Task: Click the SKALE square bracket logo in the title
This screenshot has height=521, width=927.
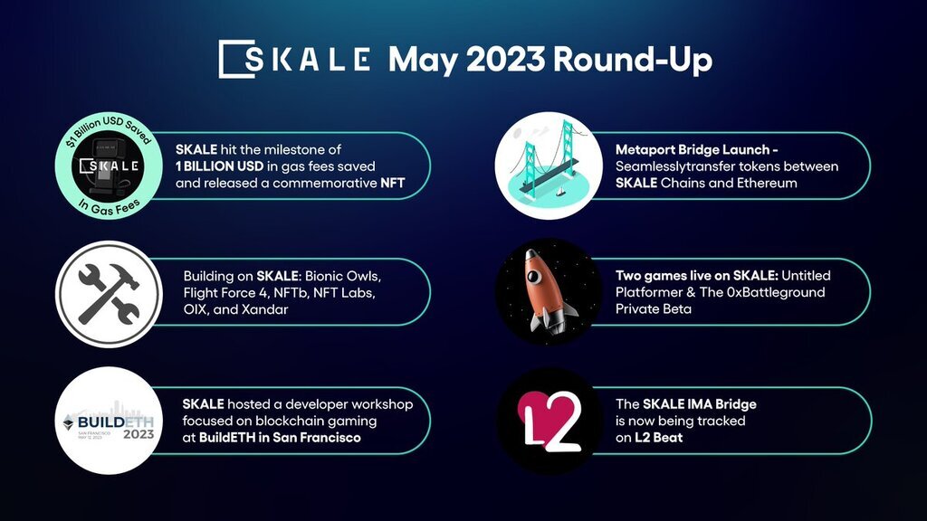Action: coord(237,59)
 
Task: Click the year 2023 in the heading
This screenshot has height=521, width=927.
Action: coord(505,60)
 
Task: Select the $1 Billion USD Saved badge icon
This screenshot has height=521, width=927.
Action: coord(109,166)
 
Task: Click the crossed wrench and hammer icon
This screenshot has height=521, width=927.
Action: coord(109,294)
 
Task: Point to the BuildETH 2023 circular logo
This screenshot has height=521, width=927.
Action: coord(109,421)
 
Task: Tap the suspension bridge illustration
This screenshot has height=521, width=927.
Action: coord(549,166)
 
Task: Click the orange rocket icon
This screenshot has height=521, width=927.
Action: coord(549,292)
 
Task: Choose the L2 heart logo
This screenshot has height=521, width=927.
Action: coord(549,421)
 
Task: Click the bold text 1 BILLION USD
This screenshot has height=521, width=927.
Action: coord(219,166)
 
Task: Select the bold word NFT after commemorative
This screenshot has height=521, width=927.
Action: coord(393,183)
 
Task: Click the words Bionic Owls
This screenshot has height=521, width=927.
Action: coord(343,276)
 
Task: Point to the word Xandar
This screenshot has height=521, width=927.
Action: coord(265,309)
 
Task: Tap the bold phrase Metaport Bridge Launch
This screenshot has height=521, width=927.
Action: coord(693,150)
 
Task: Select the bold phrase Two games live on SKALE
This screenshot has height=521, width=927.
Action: coord(696,276)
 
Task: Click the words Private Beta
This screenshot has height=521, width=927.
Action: coord(654,309)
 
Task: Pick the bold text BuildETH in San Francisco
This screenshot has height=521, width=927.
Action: coord(280,438)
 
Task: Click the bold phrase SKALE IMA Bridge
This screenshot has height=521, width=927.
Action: coord(700,404)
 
